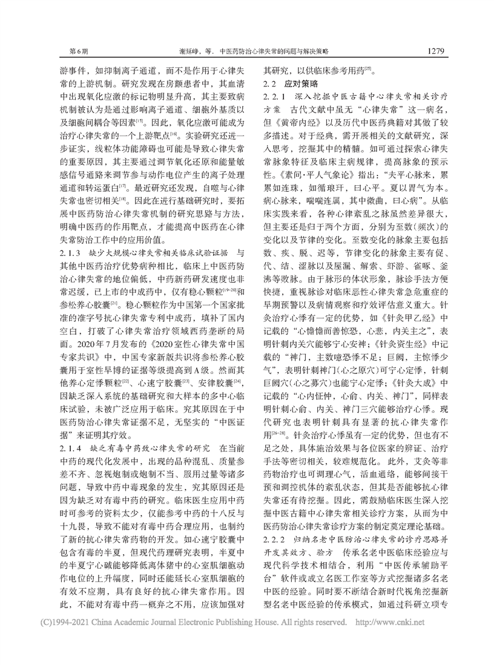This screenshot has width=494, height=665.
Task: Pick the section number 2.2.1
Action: coord(274,97)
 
